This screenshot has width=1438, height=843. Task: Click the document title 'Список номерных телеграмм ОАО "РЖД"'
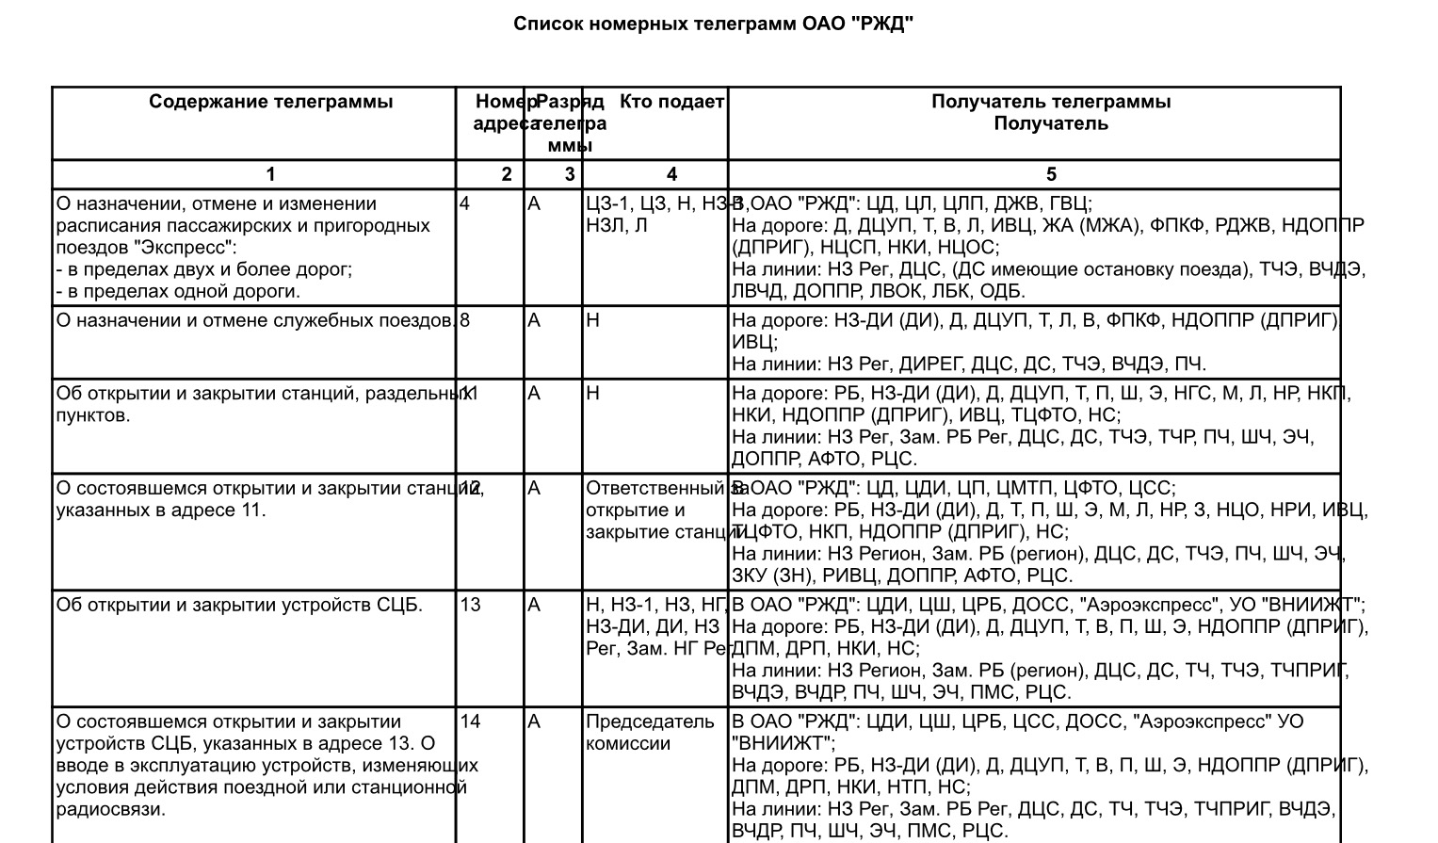[x=713, y=24]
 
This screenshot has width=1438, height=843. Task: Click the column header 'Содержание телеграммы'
[x=270, y=102]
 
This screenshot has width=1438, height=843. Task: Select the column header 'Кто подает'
[x=671, y=102]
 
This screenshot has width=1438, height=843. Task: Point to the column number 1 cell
[x=270, y=174]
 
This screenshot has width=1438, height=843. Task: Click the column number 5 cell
[x=1051, y=174]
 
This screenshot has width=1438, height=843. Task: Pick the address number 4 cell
[x=465, y=203]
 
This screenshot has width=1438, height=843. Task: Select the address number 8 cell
[x=465, y=320]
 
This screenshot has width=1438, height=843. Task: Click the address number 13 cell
[x=470, y=605]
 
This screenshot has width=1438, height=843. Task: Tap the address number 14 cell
[x=470, y=721]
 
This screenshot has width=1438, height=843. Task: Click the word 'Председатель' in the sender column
[x=650, y=721]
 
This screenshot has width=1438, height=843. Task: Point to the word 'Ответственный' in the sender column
[x=654, y=488]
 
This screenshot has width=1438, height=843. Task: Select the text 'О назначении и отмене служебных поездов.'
[x=256, y=320]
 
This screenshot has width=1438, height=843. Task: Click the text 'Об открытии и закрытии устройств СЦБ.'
[x=239, y=605]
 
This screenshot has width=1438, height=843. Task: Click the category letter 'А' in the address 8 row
[x=534, y=320]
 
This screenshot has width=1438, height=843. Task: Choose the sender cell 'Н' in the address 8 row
[x=592, y=320]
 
